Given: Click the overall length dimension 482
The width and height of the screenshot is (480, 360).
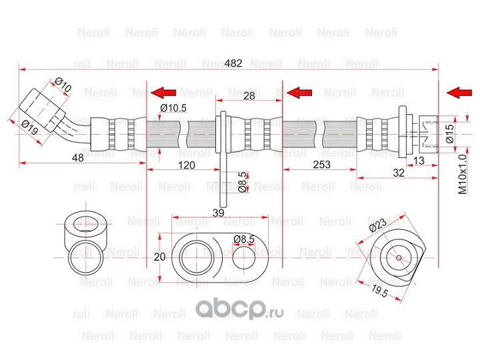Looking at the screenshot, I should tap(233, 64).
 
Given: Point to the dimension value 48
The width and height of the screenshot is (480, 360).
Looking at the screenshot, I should tap(77, 158).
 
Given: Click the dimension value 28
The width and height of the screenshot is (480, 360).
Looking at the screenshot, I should tap(249, 97).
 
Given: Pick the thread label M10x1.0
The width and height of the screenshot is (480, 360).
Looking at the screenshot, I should tap(462, 174).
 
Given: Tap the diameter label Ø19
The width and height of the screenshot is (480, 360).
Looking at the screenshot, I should tap(29, 126).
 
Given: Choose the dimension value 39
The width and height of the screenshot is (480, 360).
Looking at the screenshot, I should tap(218, 212).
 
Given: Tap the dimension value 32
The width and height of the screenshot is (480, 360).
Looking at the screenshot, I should tap(398, 172).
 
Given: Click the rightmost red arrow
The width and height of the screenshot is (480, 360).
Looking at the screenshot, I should tap(459, 92).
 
